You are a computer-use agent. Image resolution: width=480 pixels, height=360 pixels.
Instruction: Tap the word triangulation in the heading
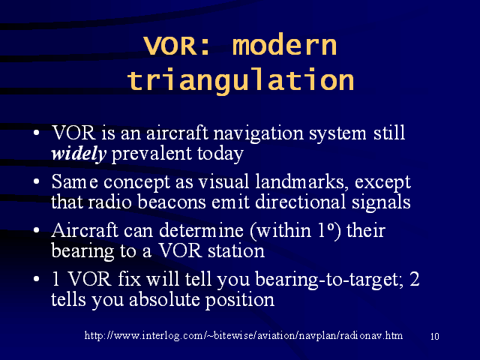pyautogui.click(x=241, y=80)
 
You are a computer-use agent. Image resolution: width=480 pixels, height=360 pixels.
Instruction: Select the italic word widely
pyautogui.click(x=79, y=154)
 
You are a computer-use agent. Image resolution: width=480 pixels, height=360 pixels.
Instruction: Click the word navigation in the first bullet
pyautogui.click(x=258, y=134)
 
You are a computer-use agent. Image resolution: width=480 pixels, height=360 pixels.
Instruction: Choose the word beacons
pyautogui.click(x=172, y=202)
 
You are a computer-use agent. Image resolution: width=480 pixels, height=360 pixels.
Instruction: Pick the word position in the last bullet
pyautogui.click(x=240, y=300)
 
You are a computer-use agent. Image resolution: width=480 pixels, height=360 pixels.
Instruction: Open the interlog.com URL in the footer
pyautogui.click(x=244, y=336)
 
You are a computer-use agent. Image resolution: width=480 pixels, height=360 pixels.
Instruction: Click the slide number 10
pyautogui.click(x=435, y=337)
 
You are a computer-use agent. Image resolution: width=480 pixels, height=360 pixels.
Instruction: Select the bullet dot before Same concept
pyautogui.click(x=37, y=181)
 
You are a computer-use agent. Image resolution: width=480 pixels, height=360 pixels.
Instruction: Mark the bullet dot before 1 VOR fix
pyautogui.click(x=37, y=279)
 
